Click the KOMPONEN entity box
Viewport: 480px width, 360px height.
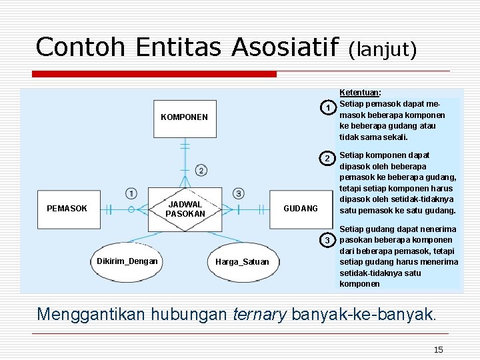pyautogui.click(x=184, y=118)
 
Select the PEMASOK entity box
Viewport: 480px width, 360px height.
pyautogui.click(x=67, y=209)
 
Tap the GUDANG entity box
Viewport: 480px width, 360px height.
pyautogui.click(x=301, y=209)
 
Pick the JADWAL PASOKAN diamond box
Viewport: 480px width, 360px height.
pyautogui.click(x=184, y=209)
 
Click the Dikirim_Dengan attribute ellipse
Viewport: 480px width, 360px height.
pyautogui.click(x=127, y=261)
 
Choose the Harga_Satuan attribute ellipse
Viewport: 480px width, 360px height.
pyautogui.click(x=242, y=261)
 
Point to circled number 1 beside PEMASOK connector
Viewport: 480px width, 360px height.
pyautogui.click(x=131, y=193)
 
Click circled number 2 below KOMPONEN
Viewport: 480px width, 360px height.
pyautogui.click(x=201, y=170)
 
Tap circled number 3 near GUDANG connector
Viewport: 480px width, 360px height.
pyautogui.click(x=238, y=193)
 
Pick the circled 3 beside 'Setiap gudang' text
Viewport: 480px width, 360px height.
pyautogui.click(x=327, y=239)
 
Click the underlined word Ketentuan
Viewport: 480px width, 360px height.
pyautogui.click(x=360, y=93)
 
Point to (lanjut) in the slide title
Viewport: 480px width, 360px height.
pyautogui.click(x=383, y=49)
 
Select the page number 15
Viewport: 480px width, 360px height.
pyautogui.click(x=438, y=349)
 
